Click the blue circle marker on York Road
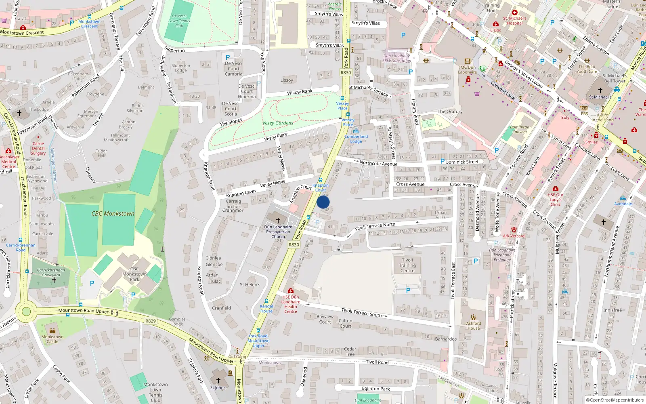(323, 202)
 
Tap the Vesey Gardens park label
(278, 123)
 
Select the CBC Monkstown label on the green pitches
(113, 213)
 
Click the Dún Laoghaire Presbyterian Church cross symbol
(278, 220)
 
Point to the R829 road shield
(150, 321)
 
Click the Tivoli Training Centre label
(407, 265)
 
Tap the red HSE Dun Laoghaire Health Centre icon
(290, 290)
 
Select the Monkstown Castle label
(52, 339)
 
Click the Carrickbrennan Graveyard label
(51, 272)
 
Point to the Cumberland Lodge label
(356, 139)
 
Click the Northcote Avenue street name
(378, 164)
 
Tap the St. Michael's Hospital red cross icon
(515, 13)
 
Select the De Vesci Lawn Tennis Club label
(179, 21)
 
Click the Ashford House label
(474, 326)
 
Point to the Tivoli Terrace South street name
(361, 312)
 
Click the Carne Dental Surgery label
(38, 148)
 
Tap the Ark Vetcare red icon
(514, 230)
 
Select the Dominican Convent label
(520, 129)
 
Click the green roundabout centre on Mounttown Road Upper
(26, 311)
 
